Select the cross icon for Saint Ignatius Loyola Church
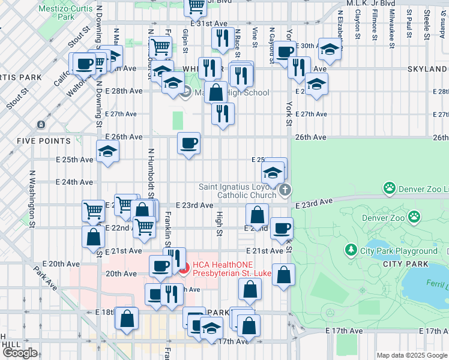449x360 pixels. click(x=285, y=190)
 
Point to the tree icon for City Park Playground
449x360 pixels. click(x=351, y=248)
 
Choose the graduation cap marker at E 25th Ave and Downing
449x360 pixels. click(x=107, y=151)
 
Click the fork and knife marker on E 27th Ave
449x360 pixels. click(x=223, y=113)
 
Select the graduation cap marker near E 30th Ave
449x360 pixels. click(x=330, y=50)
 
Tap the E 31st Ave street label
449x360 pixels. click(x=209, y=23)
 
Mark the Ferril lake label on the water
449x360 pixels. click(x=434, y=283)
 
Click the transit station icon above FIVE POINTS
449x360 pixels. click(x=41, y=124)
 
